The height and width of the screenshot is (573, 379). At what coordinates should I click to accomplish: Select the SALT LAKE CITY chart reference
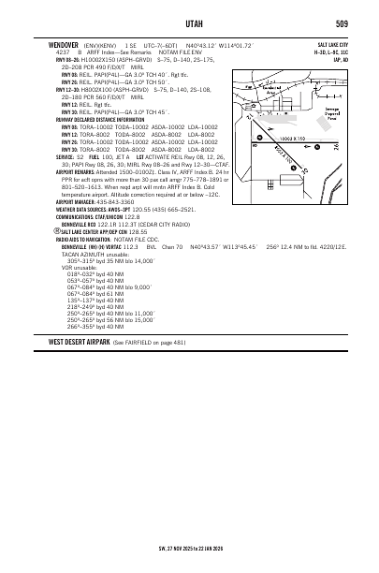tap(330, 44)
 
